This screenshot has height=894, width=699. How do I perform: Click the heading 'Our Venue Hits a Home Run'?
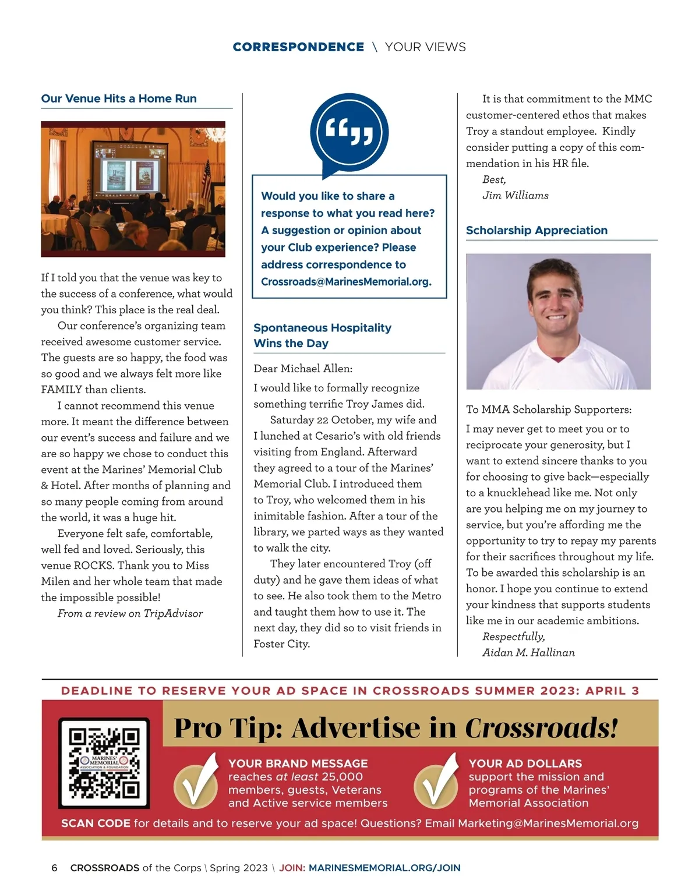(119, 98)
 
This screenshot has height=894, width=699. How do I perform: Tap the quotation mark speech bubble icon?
(349, 132)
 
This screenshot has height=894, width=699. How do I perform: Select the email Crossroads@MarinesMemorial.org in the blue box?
(346, 282)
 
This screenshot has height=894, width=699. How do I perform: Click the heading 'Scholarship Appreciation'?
(536, 230)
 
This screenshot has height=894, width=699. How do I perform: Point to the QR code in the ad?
(104, 763)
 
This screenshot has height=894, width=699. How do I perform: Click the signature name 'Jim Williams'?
(516, 196)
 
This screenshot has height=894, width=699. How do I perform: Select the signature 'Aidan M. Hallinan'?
(528, 653)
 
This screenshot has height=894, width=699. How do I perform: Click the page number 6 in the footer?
(55, 868)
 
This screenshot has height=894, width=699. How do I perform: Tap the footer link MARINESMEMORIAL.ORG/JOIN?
(384, 868)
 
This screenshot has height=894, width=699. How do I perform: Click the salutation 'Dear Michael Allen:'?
(303, 369)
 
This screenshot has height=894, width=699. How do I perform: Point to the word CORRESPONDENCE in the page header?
(298, 47)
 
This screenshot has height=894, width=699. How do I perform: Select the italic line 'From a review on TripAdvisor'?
(130, 613)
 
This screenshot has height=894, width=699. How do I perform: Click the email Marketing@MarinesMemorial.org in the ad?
(548, 824)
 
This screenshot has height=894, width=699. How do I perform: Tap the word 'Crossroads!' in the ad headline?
(541, 728)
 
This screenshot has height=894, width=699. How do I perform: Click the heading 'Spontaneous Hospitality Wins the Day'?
(322, 335)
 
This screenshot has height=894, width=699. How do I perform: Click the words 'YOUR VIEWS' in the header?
(425, 47)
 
